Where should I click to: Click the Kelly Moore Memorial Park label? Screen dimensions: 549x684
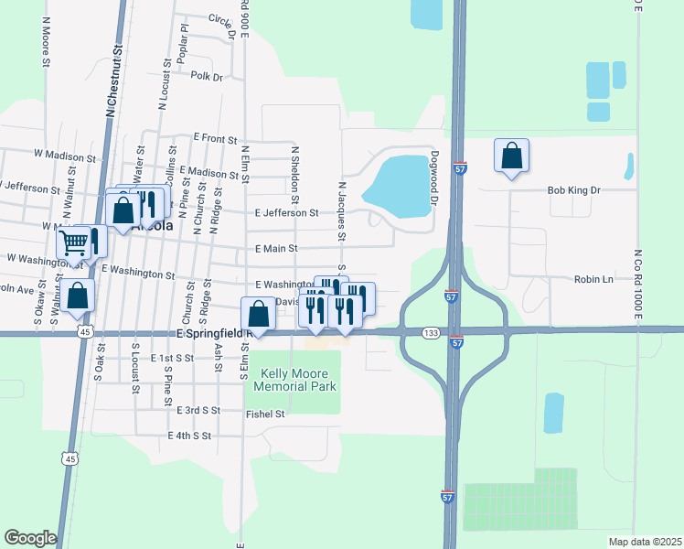tap(298, 380)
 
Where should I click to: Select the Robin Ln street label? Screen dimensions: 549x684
tap(593, 279)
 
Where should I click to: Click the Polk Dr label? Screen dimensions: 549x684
tap(207, 77)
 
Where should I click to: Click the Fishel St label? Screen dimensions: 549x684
tap(266, 414)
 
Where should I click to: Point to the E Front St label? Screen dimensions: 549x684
tap(215, 137)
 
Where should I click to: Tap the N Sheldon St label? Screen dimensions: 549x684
tap(294, 174)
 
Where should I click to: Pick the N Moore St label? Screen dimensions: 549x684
tap(45, 40)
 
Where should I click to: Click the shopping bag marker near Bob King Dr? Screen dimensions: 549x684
tap(512, 156)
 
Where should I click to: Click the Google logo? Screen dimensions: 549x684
tap(30, 538)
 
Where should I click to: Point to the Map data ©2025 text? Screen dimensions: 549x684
tap(644, 542)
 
